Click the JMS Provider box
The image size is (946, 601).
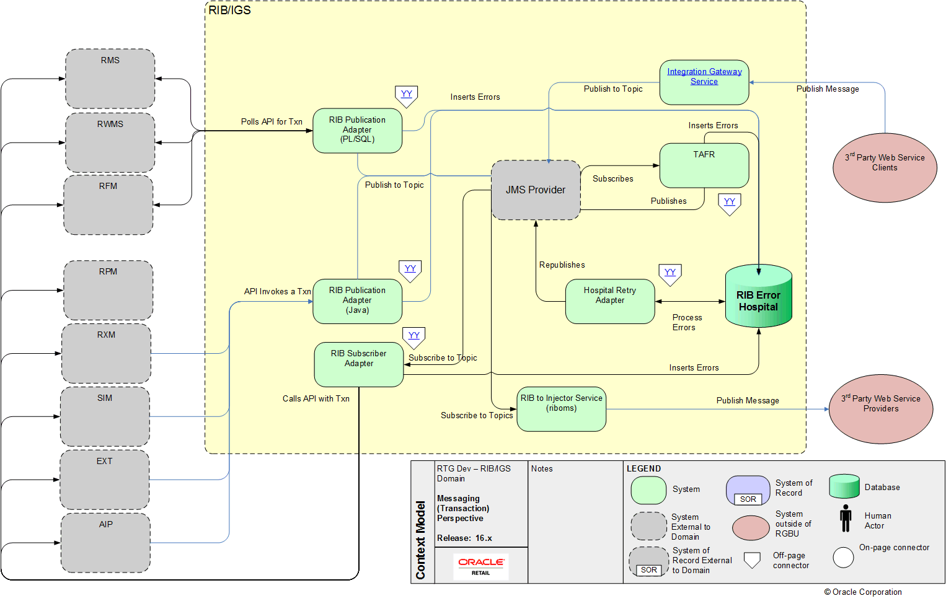(x=536, y=190)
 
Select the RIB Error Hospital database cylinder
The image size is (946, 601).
(x=758, y=297)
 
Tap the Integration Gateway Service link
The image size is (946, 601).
(x=704, y=77)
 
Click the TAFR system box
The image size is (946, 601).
(x=704, y=165)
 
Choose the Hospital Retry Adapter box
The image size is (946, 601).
(x=610, y=301)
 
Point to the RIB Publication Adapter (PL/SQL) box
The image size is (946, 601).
(x=358, y=130)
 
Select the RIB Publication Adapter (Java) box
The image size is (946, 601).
(x=358, y=301)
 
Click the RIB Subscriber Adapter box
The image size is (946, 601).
(x=359, y=364)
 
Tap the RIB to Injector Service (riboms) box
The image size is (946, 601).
(x=562, y=409)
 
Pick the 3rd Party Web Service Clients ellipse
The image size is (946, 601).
(x=885, y=167)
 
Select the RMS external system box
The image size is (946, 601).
(x=110, y=79)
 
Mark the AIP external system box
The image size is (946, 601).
(x=105, y=543)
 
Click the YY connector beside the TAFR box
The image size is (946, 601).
(x=730, y=203)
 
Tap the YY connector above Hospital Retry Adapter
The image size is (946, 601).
(x=670, y=274)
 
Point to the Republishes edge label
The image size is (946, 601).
(x=562, y=265)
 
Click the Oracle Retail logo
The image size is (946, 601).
(x=481, y=566)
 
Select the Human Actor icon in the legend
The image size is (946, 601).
(x=846, y=518)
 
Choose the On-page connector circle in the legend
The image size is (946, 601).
(x=843, y=558)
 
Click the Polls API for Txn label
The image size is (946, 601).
(x=272, y=122)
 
